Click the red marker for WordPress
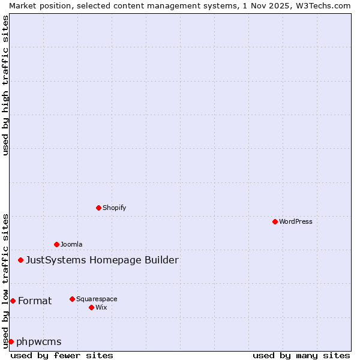pyautogui.click(x=275, y=221)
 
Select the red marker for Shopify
pyautogui.click(x=98, y=208)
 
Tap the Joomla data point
pyautogui.click(x=56, y=244)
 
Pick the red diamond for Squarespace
pyautogui.click(x=72, y=299)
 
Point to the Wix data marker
pyautogui.click(x=91, y=307)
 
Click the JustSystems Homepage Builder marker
pyautogui.click(x=20, y=260)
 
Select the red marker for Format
pyautogui.click(x=13, y=301)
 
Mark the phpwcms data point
pyautogui.click(x=11, y=341)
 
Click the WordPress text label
pyautogui.click(x=296, y=221)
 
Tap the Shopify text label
pyautogui.click(x=114, y=208)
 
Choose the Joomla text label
pyautogui.click(x=71, y=244)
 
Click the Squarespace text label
pyautogui.click(x=97, y=299)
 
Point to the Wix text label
pyautogui.click(x=101, y=307)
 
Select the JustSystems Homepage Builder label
pyautogui.click(x=102, y=260)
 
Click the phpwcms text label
pyautogui.click(x=39, y=341)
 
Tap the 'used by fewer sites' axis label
pyautogui.click(x=62, y=355)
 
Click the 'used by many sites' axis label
pyautogui.click(x=301, y=355)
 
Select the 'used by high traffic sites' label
pyautogui.click(x=5, y=85)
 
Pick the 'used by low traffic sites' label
pyautogui.click(x=5, y=280)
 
